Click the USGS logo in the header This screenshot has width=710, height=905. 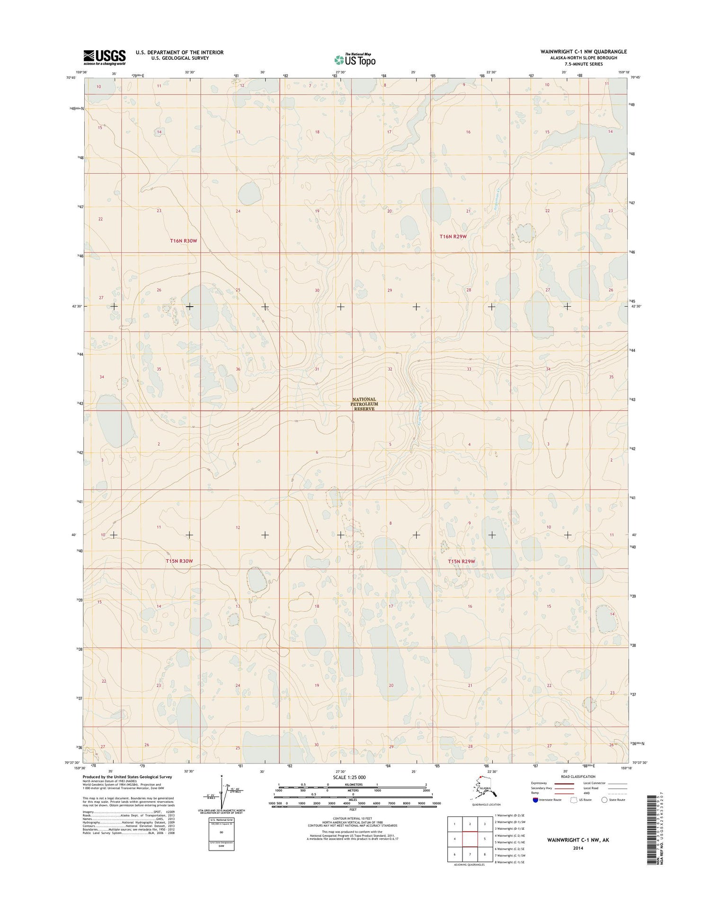[x=105, y=57]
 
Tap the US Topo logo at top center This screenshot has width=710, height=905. [x=355, y=60]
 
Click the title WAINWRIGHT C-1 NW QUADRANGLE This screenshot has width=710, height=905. [x=584, y=52]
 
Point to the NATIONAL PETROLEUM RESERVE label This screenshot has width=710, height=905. [x=364, y=404]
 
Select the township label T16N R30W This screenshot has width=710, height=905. [x=183, y=241]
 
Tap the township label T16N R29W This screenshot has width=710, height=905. [x=453, y=236]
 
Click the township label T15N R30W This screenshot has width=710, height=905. [x=179, y=561]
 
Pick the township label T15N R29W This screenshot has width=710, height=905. [x=461, y=561]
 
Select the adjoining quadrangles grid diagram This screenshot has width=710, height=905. [x=470, y=839]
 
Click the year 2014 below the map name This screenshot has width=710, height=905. [x=577, y=848]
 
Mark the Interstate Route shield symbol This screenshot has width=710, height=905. [x=535, y=799]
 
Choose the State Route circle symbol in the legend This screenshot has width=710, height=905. [x=604, y=799]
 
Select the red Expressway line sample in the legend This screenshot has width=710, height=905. [x=564, y=783]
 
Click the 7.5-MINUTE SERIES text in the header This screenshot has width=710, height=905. [x=584, y=64]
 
